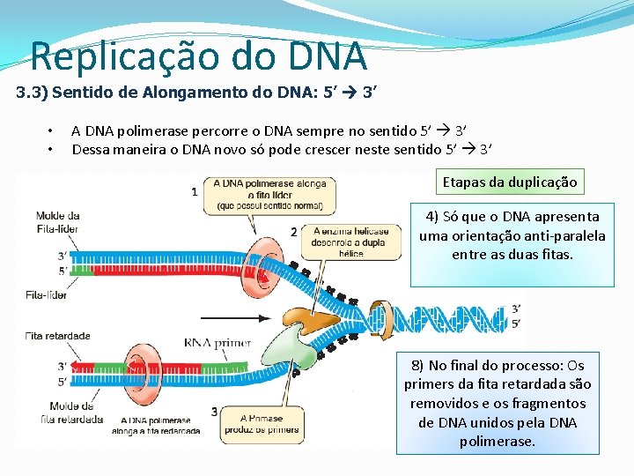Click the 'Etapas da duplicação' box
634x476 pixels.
pyautogui.click(x=510, y=182)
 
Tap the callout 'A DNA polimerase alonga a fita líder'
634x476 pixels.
pyautogui.click(x=269, y=195)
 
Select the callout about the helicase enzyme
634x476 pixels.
pyautogui.click(x=350, y=242)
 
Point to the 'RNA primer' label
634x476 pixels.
pyautogui.click(x=217, y=343)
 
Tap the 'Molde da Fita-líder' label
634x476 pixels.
pyautogui.click(x=58, y=220)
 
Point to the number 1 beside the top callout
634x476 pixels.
pyautogui.click(x=195, y=191)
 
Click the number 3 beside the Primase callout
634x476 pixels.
pyautogui.click(x=214, y=412)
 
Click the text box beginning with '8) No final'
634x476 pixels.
pyautogui.click(x=498, y=403)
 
